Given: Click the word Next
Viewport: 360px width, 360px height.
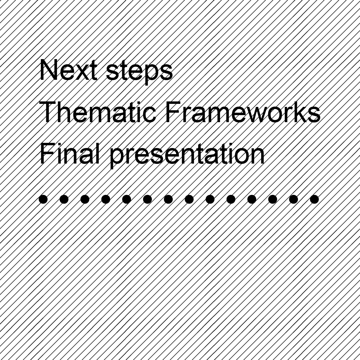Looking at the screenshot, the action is point(68,70).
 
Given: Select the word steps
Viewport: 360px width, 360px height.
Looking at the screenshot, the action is point(139,72).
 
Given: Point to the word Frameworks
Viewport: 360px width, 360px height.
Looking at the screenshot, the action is point(243,112).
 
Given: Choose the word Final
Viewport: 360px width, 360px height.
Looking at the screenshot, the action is point(70,154).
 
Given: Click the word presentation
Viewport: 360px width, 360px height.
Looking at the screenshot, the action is point(187,155).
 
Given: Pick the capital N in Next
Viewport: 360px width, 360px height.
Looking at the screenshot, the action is point(48,70).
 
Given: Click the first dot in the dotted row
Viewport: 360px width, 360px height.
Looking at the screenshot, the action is point(43,199).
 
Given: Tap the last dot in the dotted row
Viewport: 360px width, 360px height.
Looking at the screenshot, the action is point(314,199).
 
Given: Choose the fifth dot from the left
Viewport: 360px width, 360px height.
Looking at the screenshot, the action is point(126,199).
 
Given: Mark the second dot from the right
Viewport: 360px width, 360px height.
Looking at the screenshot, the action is point(293,199).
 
